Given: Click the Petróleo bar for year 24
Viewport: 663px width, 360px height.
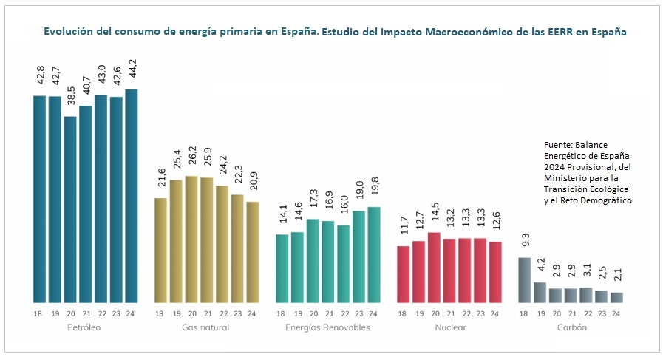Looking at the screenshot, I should click(x=132, y=196).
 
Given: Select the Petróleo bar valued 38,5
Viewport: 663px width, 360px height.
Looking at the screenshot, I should click(x=70, y=210).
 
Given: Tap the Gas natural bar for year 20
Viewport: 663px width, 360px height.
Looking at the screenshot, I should click(x=191, y=240).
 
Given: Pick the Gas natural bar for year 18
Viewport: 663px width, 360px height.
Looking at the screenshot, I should click(x=160, y=251).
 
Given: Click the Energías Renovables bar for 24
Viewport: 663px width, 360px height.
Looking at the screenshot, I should click(x=373, y=254).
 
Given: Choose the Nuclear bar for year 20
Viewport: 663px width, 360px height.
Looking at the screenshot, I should click(x=434, y=268).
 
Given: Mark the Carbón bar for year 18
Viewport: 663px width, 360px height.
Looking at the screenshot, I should click(x=524, y=280).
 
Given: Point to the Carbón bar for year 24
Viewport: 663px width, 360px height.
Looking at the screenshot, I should click(x=617, y=297).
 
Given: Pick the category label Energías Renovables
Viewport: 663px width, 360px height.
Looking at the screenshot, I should click(x=327, y=327).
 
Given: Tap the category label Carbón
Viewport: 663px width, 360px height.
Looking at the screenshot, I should click(x=571, y=327).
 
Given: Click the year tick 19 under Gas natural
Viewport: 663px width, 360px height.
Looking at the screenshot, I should click(x=176, y=313).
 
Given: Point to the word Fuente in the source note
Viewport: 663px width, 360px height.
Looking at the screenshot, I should click(x=557, y=145).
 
